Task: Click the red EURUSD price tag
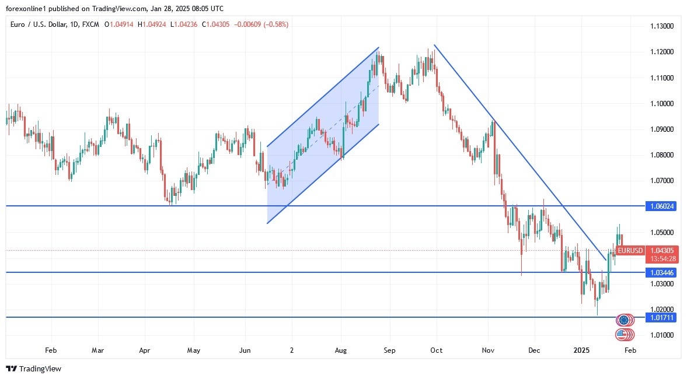click(630, 251)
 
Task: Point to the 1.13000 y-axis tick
click(662, 26)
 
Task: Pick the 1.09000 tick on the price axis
click(662, 129)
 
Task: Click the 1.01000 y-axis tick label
click(662, 335)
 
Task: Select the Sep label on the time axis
click(389, 350)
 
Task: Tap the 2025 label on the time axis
click(581, 350)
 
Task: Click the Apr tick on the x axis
click(145, 350)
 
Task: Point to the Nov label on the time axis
click(489, 350)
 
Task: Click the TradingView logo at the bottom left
click(33, 369)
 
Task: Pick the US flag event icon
click(624, 335)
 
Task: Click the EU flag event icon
click(624, 320)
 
